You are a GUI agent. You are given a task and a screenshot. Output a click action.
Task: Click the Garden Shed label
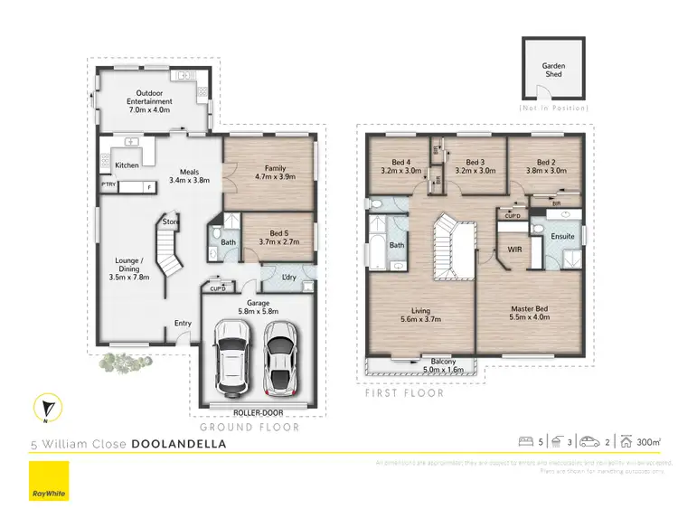(553, 70)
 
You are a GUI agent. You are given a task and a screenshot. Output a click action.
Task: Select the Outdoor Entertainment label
(154, 97)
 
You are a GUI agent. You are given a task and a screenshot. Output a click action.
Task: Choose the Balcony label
(443, 365)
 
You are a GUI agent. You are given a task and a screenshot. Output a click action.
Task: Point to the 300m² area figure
(648, 442)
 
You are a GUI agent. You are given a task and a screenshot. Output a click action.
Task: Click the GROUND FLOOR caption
(238, 425)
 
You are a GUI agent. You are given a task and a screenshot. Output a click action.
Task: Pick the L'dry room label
(290, 275)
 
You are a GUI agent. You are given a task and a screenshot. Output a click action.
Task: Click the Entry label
(184, 323)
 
